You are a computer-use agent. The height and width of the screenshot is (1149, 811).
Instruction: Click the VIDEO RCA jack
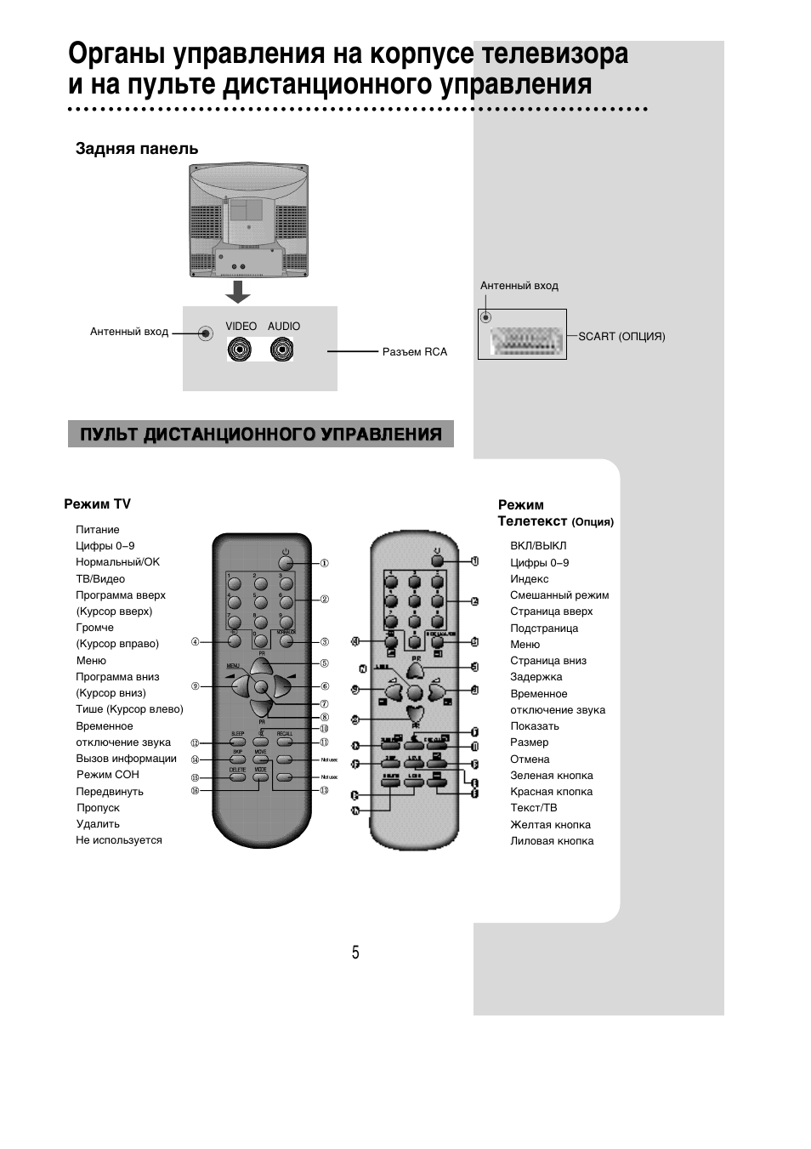240,349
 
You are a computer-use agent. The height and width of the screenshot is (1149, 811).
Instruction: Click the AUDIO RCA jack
282,349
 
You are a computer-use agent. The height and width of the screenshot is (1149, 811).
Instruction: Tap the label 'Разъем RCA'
414,352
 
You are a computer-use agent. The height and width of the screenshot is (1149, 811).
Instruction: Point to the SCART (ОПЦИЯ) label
621,337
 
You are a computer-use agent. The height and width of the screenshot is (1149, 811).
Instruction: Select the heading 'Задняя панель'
137,149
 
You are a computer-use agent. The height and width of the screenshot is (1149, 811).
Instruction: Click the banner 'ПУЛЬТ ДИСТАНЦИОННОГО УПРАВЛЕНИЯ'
261,435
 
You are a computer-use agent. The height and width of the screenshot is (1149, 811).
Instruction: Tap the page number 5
356,953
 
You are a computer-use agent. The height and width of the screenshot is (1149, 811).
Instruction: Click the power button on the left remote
286,562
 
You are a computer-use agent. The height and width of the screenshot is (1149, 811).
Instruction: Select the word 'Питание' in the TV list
98,530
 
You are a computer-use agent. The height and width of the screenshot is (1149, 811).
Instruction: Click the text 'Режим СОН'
108,775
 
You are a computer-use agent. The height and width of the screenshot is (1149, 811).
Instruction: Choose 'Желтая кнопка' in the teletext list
550,825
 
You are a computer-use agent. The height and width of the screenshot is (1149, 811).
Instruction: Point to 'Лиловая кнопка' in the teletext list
552,841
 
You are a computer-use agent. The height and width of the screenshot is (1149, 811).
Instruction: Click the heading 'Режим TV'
97,504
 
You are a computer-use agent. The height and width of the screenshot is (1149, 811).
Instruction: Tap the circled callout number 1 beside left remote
325,563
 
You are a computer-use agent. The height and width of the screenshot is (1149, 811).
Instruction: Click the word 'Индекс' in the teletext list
530,579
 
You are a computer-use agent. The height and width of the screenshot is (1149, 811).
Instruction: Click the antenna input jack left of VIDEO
205,333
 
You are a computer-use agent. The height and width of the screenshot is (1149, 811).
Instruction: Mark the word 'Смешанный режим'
559,595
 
